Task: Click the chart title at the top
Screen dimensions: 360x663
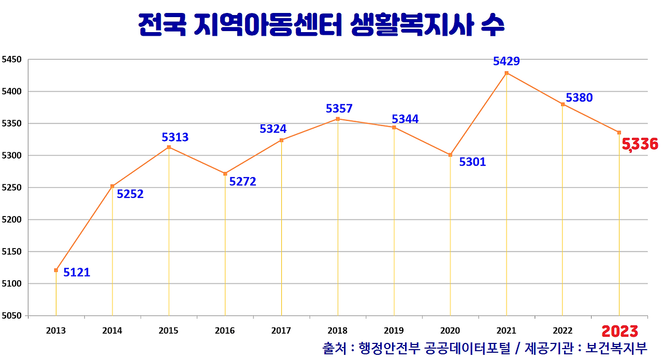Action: click(321, 25)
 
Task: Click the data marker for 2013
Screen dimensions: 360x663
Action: click(56, 270)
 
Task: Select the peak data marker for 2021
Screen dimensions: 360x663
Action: click(507, 73)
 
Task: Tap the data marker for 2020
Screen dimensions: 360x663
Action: click(450, 155)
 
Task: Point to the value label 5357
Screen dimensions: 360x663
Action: click(339, 109)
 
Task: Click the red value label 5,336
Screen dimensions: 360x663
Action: click(640, 144)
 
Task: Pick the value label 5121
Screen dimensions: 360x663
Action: click(77, 272)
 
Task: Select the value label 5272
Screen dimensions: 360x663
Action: click(242, 182)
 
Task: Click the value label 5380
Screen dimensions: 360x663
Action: click(579, 97)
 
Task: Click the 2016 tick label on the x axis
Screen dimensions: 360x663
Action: click(225, 331)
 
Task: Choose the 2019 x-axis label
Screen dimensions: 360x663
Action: click(394, 331)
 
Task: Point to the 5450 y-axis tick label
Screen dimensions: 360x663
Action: click(11, 60)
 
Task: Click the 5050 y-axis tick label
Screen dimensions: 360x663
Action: click(11, 315)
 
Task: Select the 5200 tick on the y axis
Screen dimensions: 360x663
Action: click(11, 220)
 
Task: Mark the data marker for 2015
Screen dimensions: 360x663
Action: click(169, 147)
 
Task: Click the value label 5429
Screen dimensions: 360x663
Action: click(507, 61)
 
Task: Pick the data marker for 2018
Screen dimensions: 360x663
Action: click(338, 119)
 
